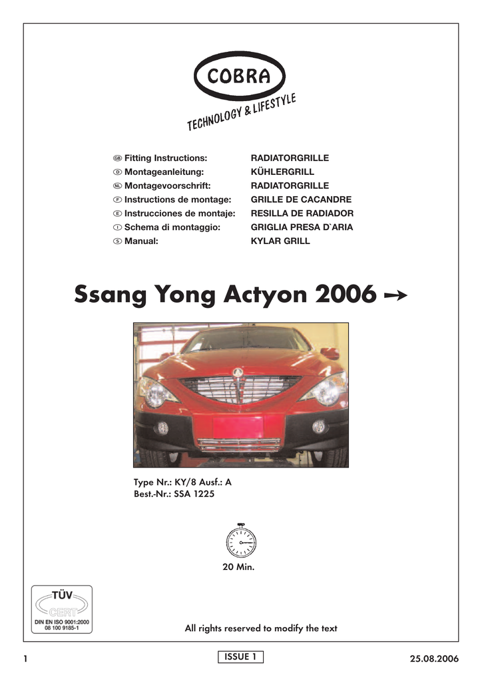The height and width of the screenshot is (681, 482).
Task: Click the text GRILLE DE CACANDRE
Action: pyautogui.click(x=301, y=200)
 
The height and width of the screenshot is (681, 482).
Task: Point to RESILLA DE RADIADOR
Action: pyautogui.click(x=302, y=213)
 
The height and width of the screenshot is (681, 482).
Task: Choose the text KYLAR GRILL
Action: pyautogui.click(x=280, y=241)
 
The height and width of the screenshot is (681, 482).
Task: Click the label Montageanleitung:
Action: pyautogui.click(x=164, y=172)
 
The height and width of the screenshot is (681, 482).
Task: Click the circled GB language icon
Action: pyautogui.click(x=117, y=159)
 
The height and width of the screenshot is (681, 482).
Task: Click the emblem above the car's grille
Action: pyautogui.click(x=238, y=372)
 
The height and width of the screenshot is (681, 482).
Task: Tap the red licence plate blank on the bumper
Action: pyautogui.click(x=238, y=426)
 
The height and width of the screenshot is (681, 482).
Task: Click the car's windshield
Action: pyautogui.click(x=246, y=340)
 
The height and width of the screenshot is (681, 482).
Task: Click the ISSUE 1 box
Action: pyautogui.click(x=241, y=657)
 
